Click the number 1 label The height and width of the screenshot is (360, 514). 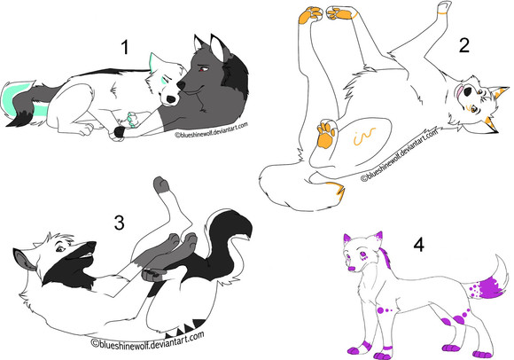(125, 47)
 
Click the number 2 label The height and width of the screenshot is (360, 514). (464, 45)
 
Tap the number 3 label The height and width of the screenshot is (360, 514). (119, 223)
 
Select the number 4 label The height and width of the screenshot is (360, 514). (418, 245)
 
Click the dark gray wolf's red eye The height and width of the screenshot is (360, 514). (203, 69)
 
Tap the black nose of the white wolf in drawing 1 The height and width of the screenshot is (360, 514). (170, 99)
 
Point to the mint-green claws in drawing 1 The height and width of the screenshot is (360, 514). (132, 119)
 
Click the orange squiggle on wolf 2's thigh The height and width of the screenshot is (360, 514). (364, 136)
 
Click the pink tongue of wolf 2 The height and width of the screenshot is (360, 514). (459, 91)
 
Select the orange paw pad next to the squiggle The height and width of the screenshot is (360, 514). (326, 133)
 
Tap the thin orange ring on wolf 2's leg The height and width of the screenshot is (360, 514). (443, 13)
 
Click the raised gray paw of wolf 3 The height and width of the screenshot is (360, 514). (161, 185)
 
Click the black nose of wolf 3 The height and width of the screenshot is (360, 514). (91, 245)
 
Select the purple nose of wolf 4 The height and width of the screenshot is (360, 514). (352, 269)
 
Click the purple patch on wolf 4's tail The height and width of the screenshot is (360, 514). (487, 287)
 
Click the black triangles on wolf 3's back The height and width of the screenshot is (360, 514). (186, 328)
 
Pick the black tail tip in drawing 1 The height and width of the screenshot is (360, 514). (19, 120)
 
